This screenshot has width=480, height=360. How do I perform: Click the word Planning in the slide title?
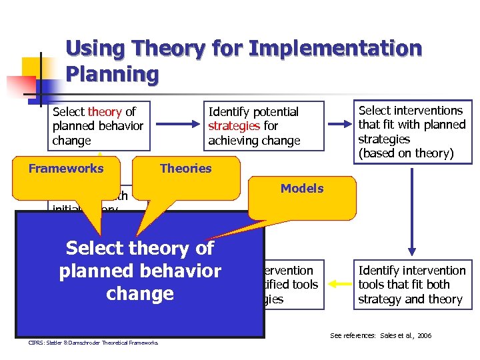click(112, 73)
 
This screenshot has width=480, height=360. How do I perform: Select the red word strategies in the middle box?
click(234, 126)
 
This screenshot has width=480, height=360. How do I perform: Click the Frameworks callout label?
click(66, 169)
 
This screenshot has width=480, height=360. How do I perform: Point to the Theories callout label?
click(185, 169)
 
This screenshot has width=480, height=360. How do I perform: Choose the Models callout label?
click(301, 189)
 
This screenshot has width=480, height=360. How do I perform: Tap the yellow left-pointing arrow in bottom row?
click(339, 285)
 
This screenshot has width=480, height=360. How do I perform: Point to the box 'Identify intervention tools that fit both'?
click(411, 285)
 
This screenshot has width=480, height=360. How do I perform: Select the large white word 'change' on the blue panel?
click(140, 294)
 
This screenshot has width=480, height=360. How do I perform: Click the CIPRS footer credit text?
click(93, 343)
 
